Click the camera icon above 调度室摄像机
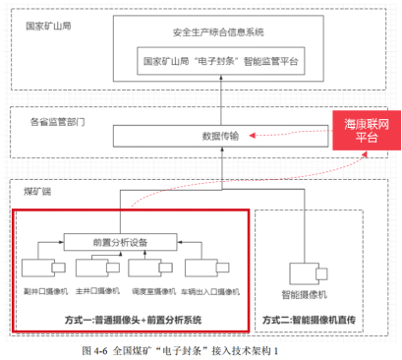pos(154,269)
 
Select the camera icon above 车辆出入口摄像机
pos(208,269)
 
